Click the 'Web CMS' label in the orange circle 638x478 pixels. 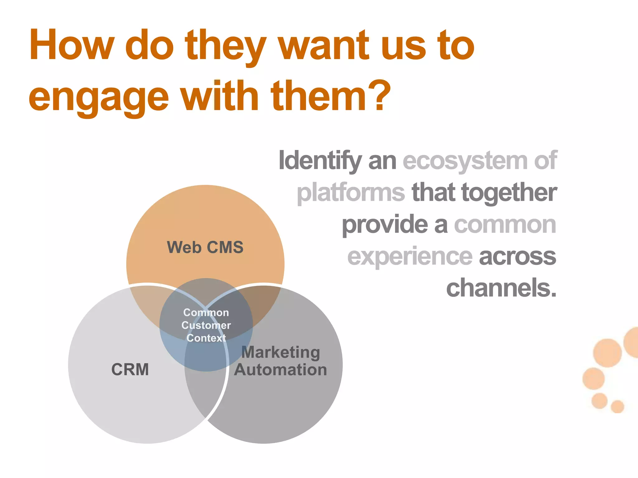[205, 247]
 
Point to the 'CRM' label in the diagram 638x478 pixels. [130, 370]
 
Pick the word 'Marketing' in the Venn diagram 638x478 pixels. [281, 353]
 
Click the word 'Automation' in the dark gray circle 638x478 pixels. [281, 370]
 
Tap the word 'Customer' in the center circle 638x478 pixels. [206, 326]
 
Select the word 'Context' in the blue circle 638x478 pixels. [206, 338]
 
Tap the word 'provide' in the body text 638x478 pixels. [385, 225]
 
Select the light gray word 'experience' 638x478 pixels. [410, 257]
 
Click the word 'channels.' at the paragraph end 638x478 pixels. [501, 288]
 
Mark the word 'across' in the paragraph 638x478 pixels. [517, 257]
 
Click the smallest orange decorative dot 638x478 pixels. [617, 406]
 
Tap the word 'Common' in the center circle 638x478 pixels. [206, 312]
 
